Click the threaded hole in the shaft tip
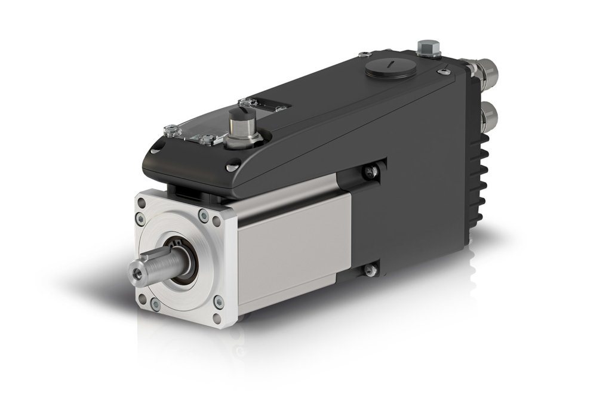pos(138,271)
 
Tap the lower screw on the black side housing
pos(370,270)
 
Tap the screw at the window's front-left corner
pos(171,128)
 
